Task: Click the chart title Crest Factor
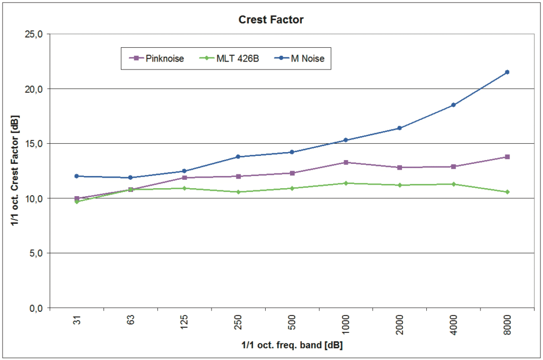(271, 20)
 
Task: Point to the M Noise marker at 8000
(507, 72)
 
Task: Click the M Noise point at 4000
(453, 105)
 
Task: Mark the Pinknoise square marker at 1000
(346, 162)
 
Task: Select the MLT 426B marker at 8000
(507, 192)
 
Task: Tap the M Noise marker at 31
(77, 176)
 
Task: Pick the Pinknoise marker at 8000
(507, 157)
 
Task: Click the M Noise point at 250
(238, 156)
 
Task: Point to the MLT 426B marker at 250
(238, 192)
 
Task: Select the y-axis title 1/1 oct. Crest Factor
(15, 171)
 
